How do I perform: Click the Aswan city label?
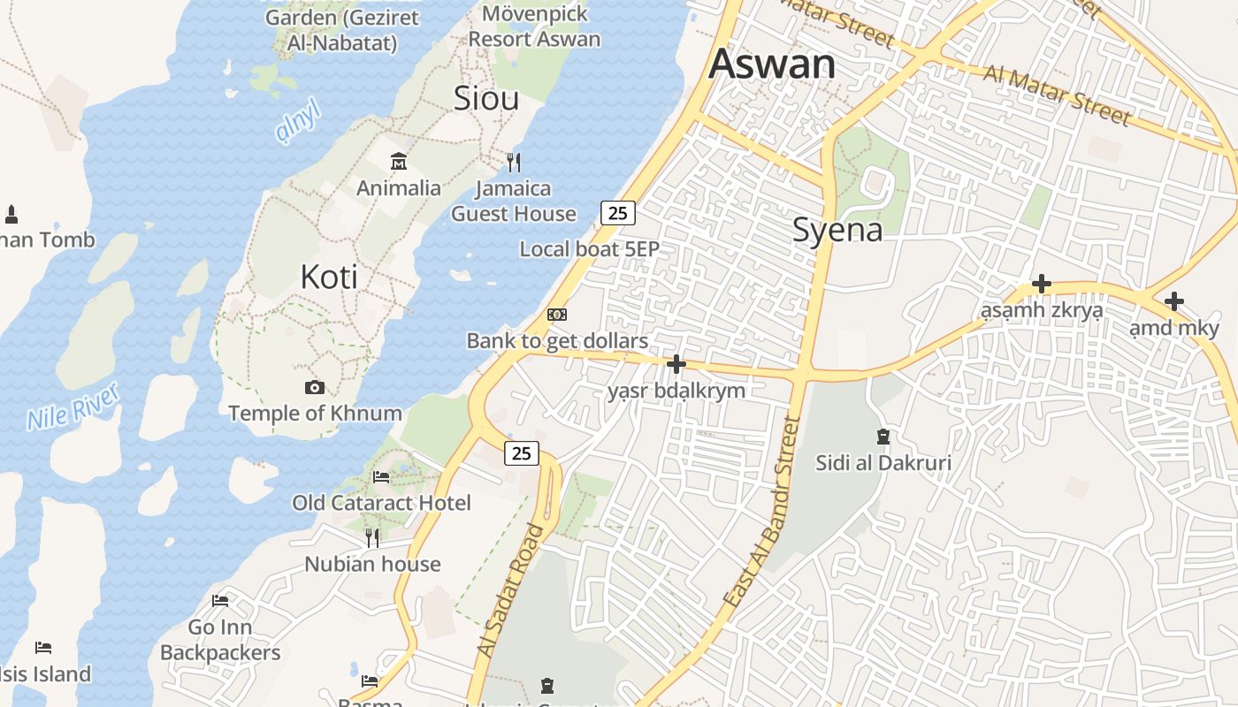(772, 64)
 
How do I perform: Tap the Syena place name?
(837, 230)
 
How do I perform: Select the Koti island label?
(329, 277)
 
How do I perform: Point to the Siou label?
(485, 98)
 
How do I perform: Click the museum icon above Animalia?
(398, 162)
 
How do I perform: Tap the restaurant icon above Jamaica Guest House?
(513, 162)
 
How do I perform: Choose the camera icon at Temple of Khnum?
(314, 387)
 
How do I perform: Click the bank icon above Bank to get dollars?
(556, 315)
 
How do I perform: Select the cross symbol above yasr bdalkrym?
(676, 363)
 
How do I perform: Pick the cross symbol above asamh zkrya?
(1042, 284)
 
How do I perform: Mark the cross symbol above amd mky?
(1173, 301)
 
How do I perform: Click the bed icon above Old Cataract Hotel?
(381, 477)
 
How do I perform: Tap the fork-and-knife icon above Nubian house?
(372, 537)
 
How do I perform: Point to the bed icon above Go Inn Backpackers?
(220, 601)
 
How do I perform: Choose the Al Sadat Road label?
(510, 590)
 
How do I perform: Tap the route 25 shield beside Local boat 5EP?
(617, 212)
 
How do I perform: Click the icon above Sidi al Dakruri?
(883, 436)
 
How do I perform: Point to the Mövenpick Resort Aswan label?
(534, 27)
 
